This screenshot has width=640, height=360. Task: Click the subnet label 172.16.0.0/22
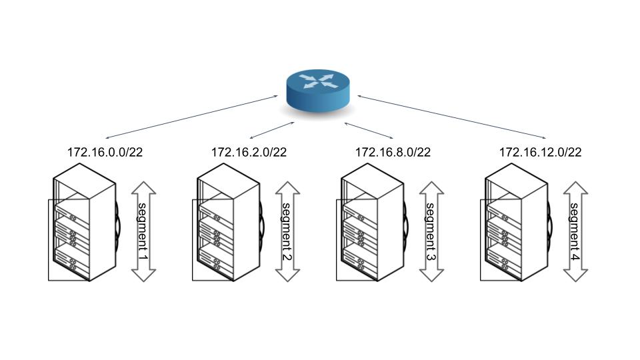click(105, 152)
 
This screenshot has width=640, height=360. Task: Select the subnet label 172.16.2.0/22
click(249, 152)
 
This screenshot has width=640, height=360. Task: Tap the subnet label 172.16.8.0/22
click(393, 152)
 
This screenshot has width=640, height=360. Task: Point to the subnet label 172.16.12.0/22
click(540, 152)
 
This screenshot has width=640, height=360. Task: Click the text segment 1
click(143, 231)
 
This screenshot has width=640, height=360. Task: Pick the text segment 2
click(287, 231)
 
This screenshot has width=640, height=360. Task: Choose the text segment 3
click(431, 231)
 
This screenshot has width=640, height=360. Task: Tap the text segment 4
click(575, 231)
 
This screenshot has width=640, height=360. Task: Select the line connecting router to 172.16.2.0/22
click(271, 131)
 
